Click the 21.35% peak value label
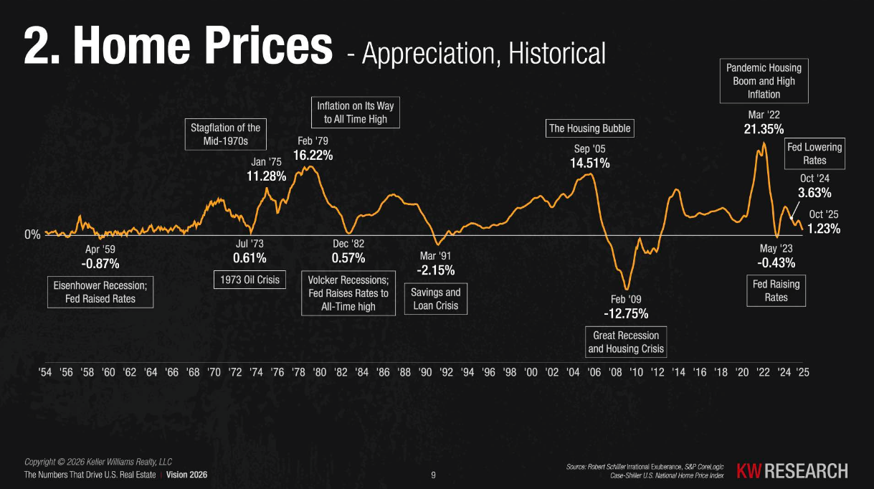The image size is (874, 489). [x=764, y=129]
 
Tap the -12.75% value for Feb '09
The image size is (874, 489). [x=626, y=313]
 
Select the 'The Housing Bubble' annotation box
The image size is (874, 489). [x=590, y=128]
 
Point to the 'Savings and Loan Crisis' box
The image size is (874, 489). [x=436, y=299]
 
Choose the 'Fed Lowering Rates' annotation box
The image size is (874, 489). [x=814, y=153]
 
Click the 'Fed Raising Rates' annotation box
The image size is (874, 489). [x=776, y=290]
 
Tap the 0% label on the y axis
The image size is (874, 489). [x=33, y=234]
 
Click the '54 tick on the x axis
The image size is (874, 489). [x=44, y=373]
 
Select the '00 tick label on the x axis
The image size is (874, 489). [x=531, y=373]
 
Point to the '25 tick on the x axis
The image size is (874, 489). [x=803, y=373]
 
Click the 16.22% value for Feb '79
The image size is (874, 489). [x=313, y=155]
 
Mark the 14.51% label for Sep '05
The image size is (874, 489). [x=590, y=163]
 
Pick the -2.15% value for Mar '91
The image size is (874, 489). [x=435, y=270]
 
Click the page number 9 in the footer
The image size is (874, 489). [x=433, y=475]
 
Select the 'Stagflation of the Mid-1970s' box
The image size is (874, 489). [x=225, y=135]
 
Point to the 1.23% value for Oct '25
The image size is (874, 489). [x=824, y=229]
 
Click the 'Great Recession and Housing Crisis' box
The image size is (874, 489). [x=626, y=342]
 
